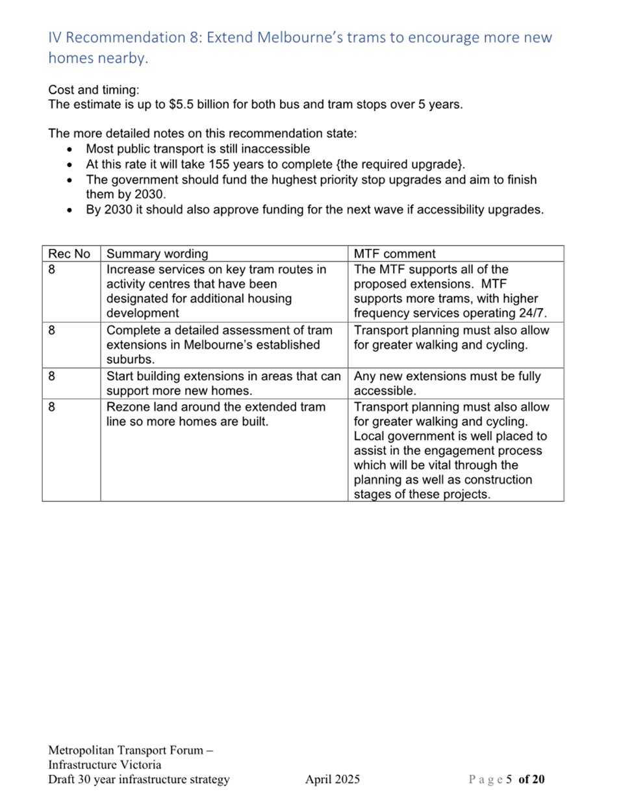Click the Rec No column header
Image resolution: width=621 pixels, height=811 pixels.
tap(69, 254)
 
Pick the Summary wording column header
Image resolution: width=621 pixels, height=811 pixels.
tap(157, 254)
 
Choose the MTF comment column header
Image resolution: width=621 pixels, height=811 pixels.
tap(394, 254)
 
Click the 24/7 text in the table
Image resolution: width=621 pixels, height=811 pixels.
tap(531, 313)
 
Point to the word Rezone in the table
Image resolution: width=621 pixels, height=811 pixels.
tap(128, 407)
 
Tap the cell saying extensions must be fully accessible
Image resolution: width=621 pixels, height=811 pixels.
tap(447, 383)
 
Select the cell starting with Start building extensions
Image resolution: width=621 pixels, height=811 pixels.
tap(223, 383)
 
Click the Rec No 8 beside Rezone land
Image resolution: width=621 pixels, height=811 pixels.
tap(52, 407)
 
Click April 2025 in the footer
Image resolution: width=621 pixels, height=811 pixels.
tap(332, 780)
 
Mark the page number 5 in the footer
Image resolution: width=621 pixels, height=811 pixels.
tap(509, 780)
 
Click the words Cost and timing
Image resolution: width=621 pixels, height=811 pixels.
tap(94, 90)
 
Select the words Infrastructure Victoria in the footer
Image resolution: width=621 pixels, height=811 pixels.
tap(105, 765)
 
